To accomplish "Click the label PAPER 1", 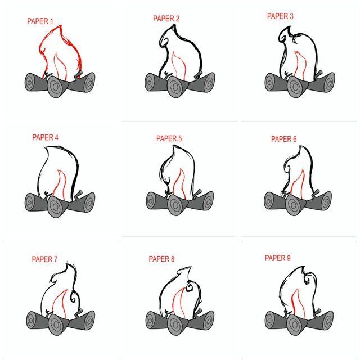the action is pos(40,21).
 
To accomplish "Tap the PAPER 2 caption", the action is pos(166,19).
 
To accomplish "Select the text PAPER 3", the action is pos(280,16).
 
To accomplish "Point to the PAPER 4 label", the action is pos(45,137).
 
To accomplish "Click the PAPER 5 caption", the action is pos(169,138).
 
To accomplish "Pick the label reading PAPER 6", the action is pos(283,139).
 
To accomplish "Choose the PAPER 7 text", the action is pos(44,259).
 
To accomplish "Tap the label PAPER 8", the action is pos(161,259).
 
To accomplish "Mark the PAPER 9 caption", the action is pos(277,258).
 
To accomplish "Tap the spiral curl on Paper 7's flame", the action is pos(74,296).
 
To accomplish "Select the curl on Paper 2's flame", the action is pos(164,41).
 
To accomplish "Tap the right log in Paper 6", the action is pos(319,201).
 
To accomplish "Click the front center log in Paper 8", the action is pos(178,324).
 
